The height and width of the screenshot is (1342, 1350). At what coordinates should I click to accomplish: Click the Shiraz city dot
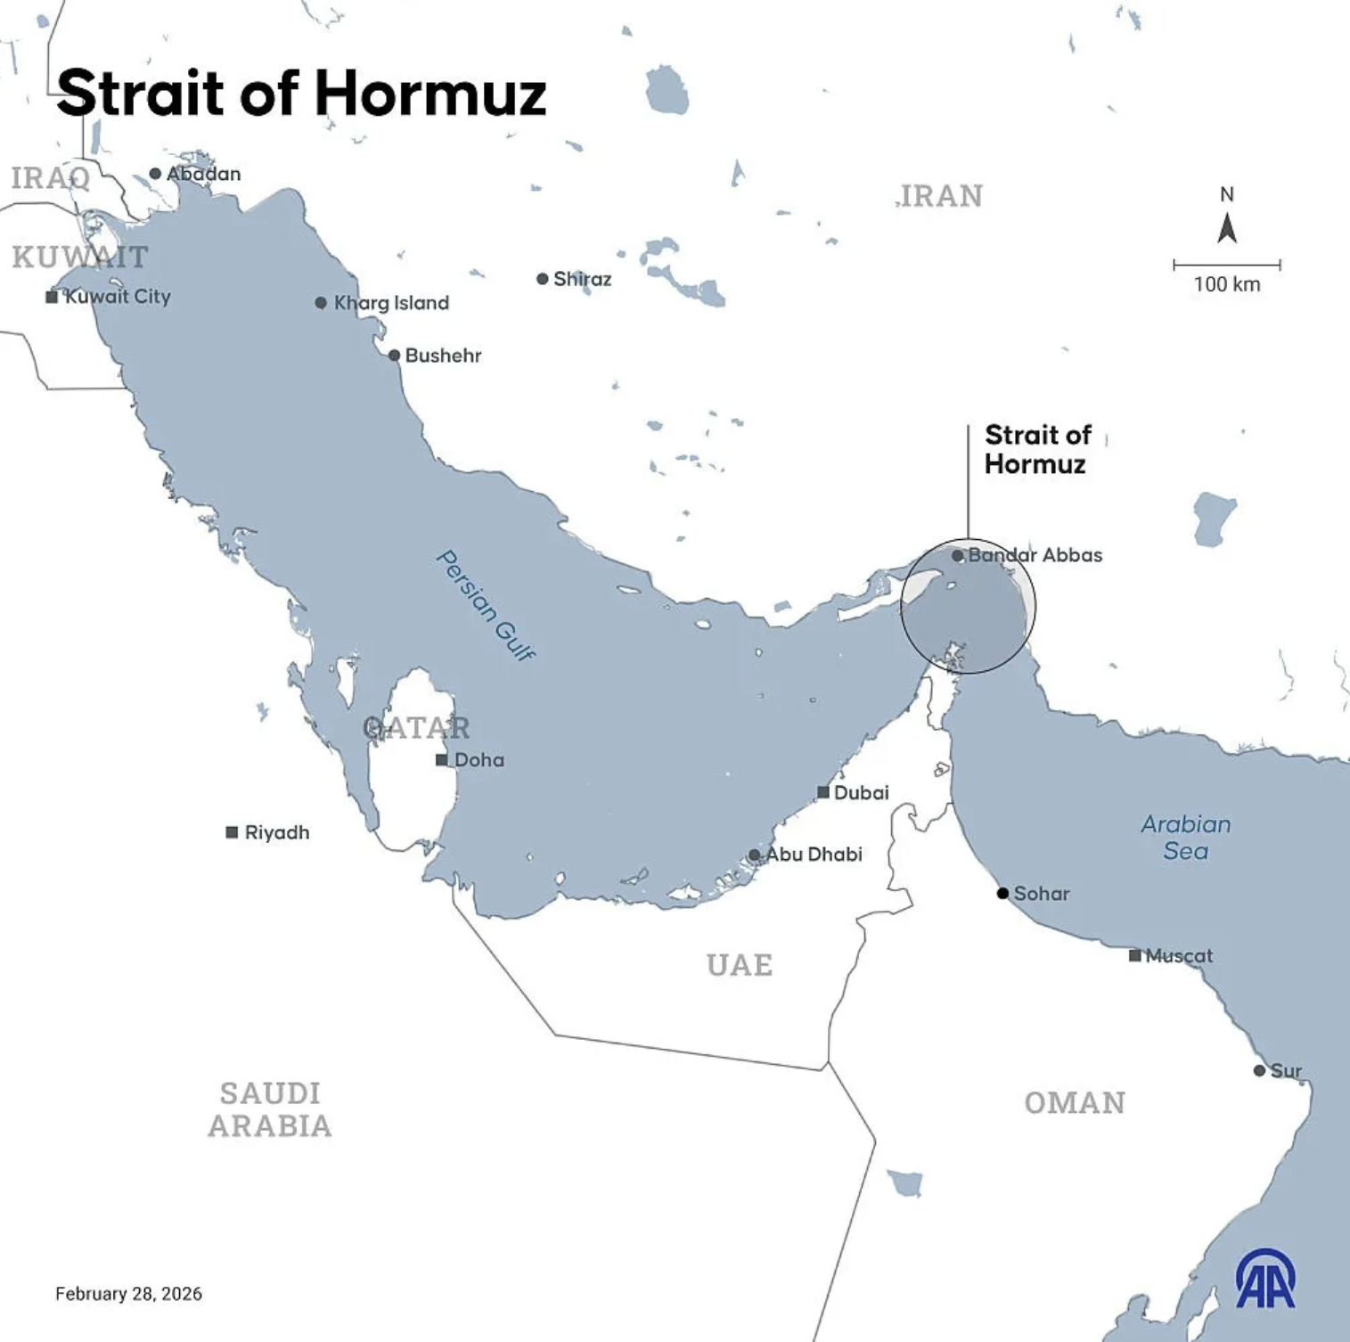tap(542, 279)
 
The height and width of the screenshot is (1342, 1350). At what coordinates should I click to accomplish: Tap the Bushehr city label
tap(443, 356)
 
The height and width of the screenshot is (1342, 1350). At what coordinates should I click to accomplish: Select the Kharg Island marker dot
tap(321, 303)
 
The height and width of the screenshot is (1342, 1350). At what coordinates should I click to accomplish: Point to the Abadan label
tap(204, 174)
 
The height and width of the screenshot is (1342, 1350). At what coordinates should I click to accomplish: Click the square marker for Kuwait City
tap(52, 297)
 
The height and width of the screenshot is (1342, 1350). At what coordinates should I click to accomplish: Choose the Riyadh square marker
tap(232, 832)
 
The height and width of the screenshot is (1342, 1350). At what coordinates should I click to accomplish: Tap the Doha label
tap(479, 760)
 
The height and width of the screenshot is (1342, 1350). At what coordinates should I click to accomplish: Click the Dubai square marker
tap(823, 792)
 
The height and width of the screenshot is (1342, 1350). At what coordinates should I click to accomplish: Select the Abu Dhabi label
tap(814, 855)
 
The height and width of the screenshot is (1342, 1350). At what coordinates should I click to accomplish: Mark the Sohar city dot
tap(1002, 893)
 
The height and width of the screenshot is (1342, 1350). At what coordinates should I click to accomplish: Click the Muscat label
tap(1179, 956)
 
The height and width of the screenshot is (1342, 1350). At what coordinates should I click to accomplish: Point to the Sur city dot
tap(1259, 1070)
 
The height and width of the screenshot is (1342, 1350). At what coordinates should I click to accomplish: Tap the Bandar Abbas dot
tap(957, 555)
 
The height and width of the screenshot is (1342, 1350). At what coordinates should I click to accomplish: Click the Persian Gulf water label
tap(487, 606)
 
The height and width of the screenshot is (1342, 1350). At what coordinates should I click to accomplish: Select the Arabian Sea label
tap(1186, 837)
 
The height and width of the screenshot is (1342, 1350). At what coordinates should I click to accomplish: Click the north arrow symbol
tap(1227, 228)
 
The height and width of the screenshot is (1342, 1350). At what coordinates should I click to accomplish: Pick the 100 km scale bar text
tap(1227, 284)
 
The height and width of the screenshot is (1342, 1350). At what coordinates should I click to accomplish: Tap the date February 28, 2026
tap(128, 1294)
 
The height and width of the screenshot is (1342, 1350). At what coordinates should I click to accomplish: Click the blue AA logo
tap(1265, 1279)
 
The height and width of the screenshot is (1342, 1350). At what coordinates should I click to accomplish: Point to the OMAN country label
tap(1075, 1103)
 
